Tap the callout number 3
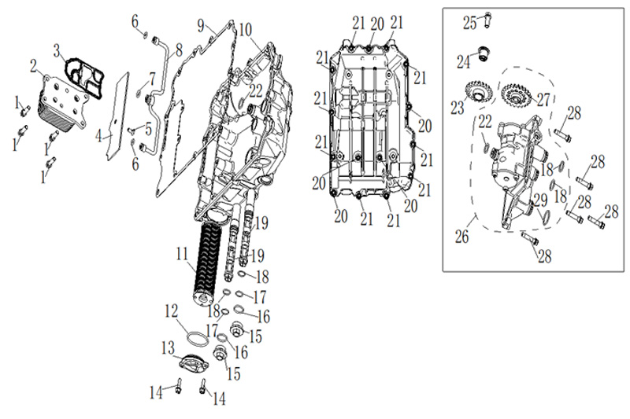pos(57,50)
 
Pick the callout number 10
pos(246,30)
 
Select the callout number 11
pos(181,254)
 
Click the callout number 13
pos(168,347)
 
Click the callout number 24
pos(465,60)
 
